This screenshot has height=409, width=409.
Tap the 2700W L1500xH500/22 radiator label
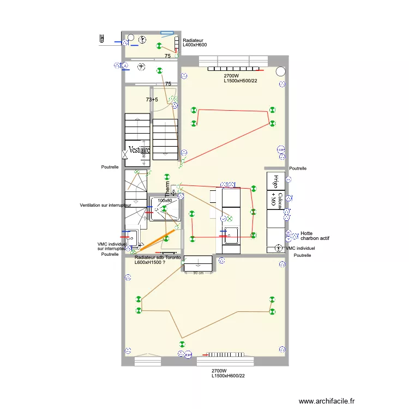pos(240,79)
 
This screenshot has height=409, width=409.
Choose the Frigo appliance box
pos(276,181)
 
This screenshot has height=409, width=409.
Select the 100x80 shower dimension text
pos(164,201)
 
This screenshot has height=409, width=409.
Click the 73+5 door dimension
pos(152,100)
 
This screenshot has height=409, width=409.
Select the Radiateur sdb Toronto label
pos(158,260)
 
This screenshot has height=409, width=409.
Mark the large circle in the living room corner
pos(280,71)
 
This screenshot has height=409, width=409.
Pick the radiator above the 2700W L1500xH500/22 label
pos(234,69)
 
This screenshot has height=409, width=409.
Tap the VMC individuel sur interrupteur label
pos(112,246)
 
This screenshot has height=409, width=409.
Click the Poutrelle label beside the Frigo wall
pos(298,169)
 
